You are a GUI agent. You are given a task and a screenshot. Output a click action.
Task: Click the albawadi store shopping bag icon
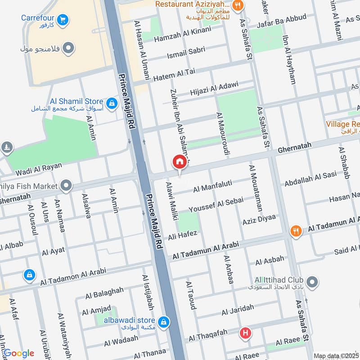tap(165, 321)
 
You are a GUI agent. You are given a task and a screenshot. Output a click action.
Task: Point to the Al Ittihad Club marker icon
tap(314, 283)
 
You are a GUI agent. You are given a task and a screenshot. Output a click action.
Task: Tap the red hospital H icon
tap(245, 333)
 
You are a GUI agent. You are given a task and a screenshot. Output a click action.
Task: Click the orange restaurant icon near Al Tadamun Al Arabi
tap(296, 231)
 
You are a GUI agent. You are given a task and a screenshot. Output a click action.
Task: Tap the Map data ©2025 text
tap(335, 356)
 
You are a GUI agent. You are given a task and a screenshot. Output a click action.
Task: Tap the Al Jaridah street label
tap(237, 310)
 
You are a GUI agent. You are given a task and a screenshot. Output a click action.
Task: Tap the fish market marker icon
tap(66, 185)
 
